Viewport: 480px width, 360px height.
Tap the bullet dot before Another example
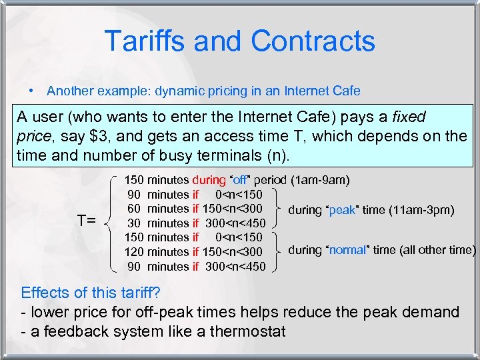[x=31, y=90]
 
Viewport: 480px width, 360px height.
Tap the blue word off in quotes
[x=240, y=180]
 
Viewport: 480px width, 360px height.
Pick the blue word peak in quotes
[x=342, y=210]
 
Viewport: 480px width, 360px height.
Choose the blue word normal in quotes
[x=347, y=250]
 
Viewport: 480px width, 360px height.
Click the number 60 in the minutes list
[x=134, y=209]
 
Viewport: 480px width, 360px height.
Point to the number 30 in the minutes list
[x=134, y=223]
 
